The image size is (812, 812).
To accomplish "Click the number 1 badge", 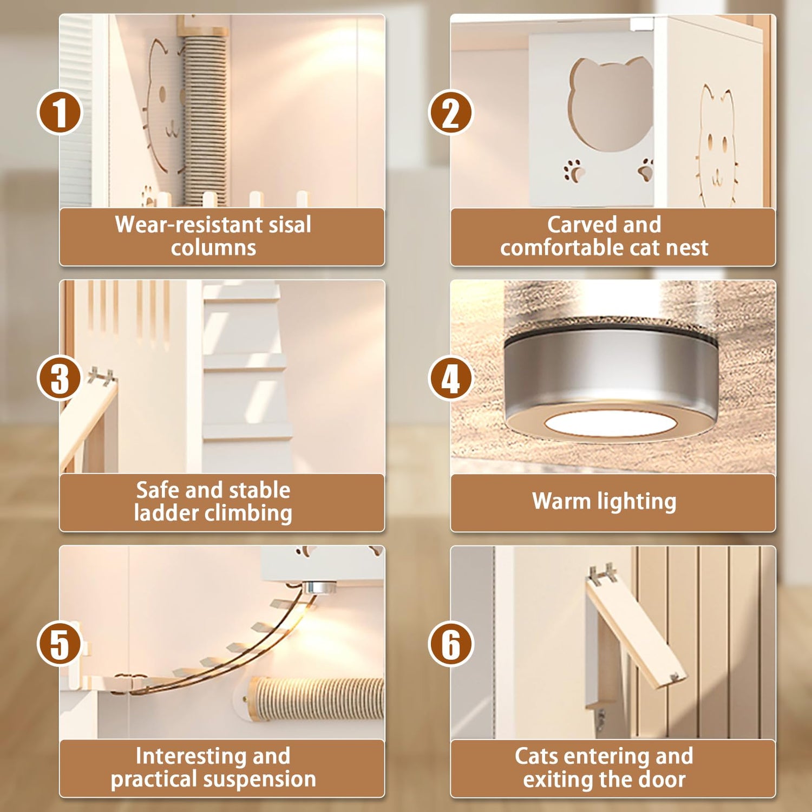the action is pyautogui.click(x=60, y=113).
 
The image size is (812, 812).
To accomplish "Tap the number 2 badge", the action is pyautogui.click(x=450, y=113).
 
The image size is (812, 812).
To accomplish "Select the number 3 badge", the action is pyautogui.click(x=60, y=378).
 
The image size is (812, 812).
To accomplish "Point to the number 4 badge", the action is pyautogui.click(x=450, y=378).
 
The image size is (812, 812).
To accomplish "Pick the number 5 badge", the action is pyautogui.click(x=60, y=644).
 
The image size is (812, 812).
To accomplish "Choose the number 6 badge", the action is pyautogui.click(x=450, y=644).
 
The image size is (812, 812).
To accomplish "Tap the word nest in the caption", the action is pyautogui.click(x=687, y=248).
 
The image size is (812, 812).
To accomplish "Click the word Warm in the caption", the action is pyautogui.click(x=561, y=501).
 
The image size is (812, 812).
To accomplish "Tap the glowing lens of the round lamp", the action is pyautogui.click(x=610, y=423).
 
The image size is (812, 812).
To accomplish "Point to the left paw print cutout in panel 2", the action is pyautogui.click(x=574, y=169).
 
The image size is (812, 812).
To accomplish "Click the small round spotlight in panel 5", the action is pyautogui.click(x=319, y=587).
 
